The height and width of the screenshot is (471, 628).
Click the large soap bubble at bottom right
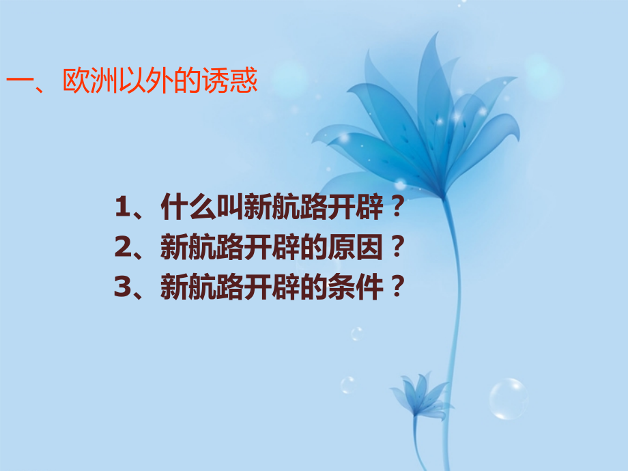(x=508, y=399)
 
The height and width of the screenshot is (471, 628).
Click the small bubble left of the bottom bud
(x=348, y=384)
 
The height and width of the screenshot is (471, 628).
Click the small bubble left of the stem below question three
(x=357, y=334)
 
